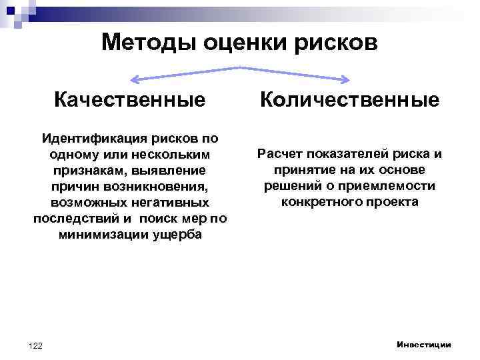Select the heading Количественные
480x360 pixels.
349,100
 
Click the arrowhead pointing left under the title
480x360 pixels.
134,79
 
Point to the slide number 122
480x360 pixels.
36,345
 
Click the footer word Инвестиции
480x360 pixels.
423,344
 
